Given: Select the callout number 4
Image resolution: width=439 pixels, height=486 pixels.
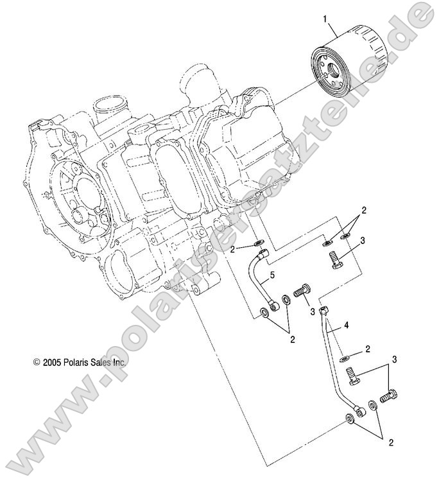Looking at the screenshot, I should coord(347,326).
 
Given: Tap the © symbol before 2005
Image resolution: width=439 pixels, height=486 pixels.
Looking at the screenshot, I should coord(37,362).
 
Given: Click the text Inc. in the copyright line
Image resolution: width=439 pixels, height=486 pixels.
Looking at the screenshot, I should coord(121,362).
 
